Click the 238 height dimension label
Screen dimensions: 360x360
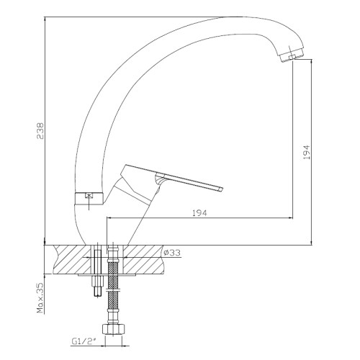(40, 131)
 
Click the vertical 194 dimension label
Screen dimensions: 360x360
(307, 152)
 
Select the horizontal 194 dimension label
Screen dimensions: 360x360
(199, 213)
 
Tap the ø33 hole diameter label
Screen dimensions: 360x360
(172, 253)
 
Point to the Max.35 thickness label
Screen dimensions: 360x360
(40, 298)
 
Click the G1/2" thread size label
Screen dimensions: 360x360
(84, 341)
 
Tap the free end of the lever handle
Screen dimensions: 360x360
(220, 189)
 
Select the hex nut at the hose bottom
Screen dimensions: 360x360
(114, 329)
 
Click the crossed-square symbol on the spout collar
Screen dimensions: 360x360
(89, 196)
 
